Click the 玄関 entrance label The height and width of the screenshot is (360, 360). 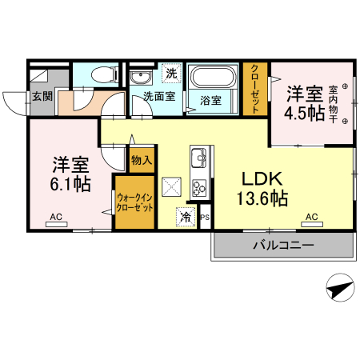pos(42,97)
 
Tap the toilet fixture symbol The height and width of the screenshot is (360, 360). pos(101,75)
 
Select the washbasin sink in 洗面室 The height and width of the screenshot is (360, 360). pos(141,78)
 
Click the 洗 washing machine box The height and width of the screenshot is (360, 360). pos(171,73)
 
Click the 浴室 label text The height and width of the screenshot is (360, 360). pos(211,101)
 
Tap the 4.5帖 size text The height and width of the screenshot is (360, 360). pos(304,112)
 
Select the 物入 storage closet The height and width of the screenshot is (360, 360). pos(141,160)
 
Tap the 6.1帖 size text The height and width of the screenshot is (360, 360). pos(70,184)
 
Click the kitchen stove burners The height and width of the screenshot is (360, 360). pos(198,190)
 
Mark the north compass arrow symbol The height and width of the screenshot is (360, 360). pos(339,287)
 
